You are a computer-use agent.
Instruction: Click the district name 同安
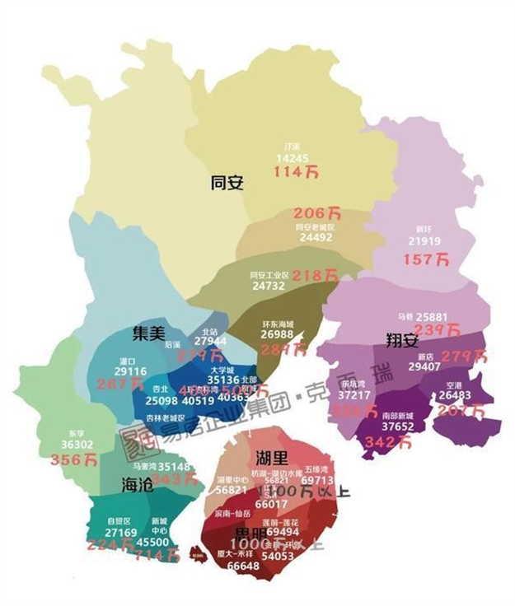click(x=227, y=183)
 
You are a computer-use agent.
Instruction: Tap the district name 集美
click(x=148, y=333)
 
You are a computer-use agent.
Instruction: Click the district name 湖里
click(x=271, y=457)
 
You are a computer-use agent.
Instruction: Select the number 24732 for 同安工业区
click(x=269, y=286)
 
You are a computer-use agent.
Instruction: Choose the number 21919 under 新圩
click(x=424, y=242)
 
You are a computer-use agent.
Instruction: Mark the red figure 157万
click(x=426, y=260)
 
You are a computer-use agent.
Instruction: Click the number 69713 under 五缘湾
click(x=317, y=481)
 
